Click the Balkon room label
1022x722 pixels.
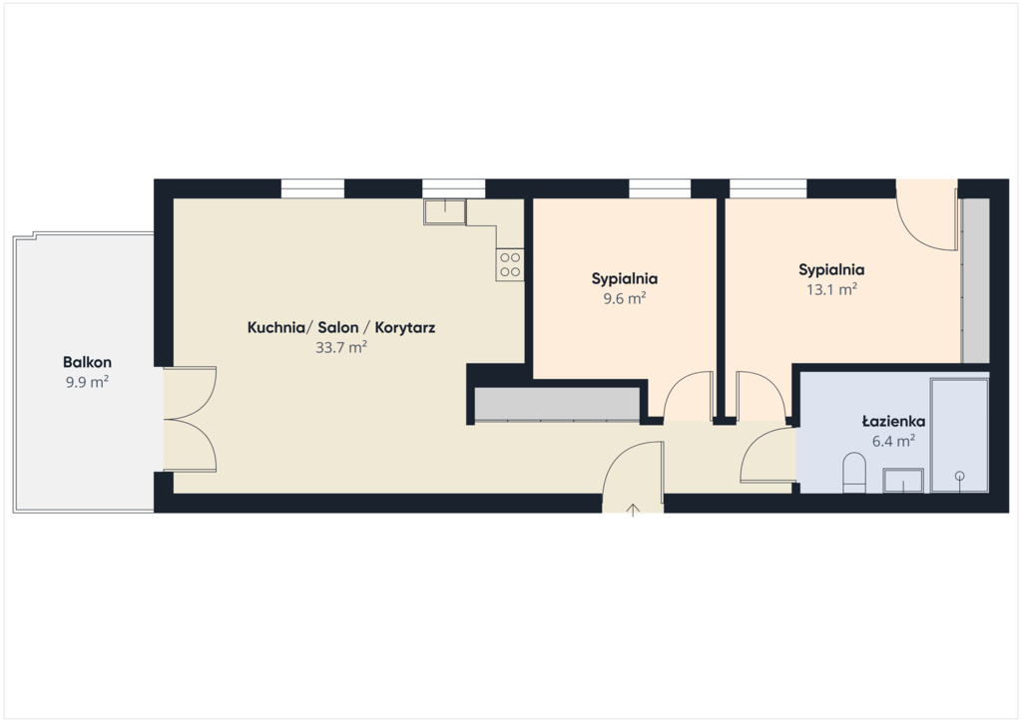coord(88,362)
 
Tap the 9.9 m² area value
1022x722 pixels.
coord(87,382)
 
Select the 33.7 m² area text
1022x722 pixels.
coord(341,347)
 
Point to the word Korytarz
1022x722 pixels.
coord(405,327)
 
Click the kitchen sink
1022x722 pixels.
coord(445,212)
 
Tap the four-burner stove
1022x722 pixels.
coord(510,265)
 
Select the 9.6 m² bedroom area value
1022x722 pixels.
coord(625,299)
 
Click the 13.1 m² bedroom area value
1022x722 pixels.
coord(831,289)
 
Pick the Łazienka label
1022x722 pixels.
coord(893,421)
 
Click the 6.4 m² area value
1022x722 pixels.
coord(893,442)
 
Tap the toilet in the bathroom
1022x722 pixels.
coord(854,473)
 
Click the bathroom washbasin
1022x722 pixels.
coord(903,481)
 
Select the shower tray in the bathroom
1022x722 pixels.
coord(959,435)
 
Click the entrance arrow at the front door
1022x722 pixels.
coord(633,510)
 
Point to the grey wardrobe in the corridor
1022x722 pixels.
coord(557,404)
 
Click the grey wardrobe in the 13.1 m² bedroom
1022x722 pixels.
coord(976,280)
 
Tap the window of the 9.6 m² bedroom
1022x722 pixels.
coord(660,188)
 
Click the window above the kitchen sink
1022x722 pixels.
coord(454,188)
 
